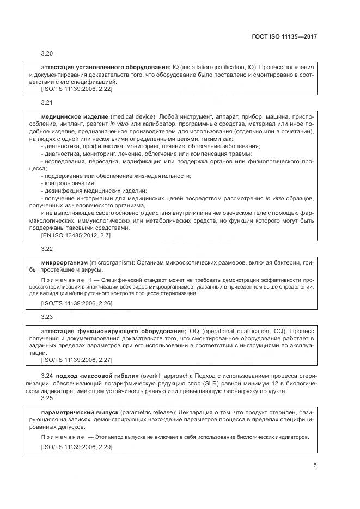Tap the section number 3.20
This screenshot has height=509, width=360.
tap(47, 54)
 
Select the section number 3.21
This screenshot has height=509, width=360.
tap(47, 102)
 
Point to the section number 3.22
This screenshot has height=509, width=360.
tap(47, 249)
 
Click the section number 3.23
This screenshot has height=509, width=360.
tap(47, 316)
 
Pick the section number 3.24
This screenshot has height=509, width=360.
tap(47, 376)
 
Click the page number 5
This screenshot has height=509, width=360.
tap(315, 465)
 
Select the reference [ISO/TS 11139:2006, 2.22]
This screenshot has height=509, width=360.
tap(77, 88)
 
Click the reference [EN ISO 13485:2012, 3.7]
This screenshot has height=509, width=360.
tap(76, 236)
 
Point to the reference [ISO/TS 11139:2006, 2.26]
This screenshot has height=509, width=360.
tap(77, 303)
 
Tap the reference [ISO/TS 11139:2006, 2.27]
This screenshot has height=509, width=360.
tap(77, 360)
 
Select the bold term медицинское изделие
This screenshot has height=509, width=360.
tap(75, 116)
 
